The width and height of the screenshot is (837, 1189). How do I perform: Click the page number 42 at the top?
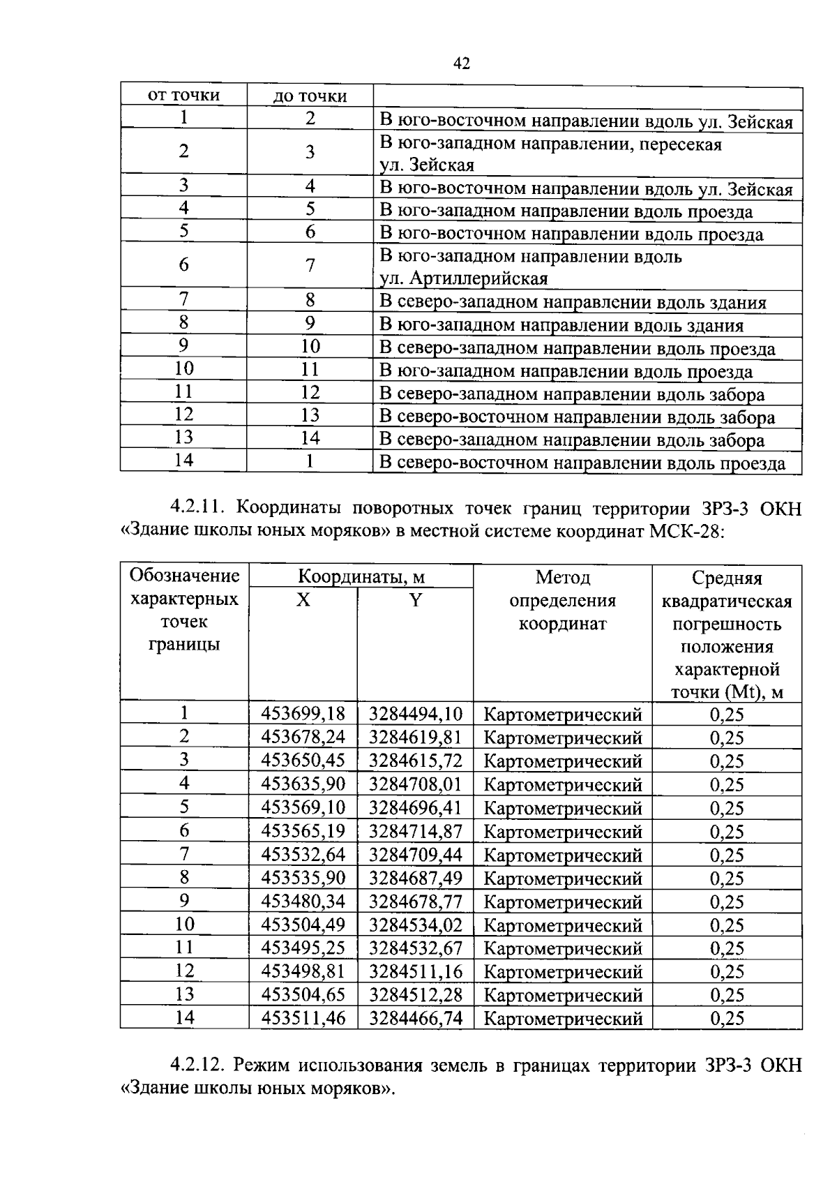461,64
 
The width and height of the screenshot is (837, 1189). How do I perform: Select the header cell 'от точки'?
183,96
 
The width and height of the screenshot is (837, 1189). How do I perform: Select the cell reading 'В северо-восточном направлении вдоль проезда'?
582,463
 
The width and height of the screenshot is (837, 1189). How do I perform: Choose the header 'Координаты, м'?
361,577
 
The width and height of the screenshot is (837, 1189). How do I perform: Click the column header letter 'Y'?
415,600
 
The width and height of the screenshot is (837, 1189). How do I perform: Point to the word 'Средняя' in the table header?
727,578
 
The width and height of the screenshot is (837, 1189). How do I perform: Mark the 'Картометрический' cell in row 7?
562,855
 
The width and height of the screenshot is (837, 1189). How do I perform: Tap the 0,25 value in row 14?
727,1018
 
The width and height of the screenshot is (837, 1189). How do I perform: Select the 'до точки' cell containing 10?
310,347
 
